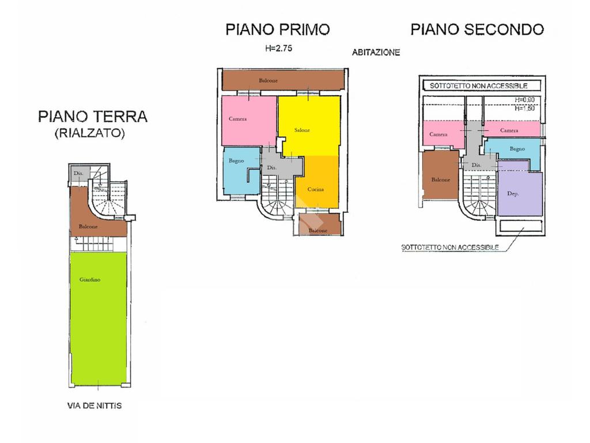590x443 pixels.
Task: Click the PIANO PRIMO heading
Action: (x=278, y=29)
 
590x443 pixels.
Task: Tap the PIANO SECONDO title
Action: (x=477, y=29)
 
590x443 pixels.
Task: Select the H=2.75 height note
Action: (x=279, y=49)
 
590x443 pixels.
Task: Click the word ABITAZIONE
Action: (x=376, y=52)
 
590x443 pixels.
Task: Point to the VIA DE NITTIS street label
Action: (x=94, y=406)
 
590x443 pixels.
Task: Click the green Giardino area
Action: (x=97, y=320)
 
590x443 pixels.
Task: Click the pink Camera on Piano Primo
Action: (x=248, y=120)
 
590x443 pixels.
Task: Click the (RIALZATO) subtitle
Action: (x=89, y=133)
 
